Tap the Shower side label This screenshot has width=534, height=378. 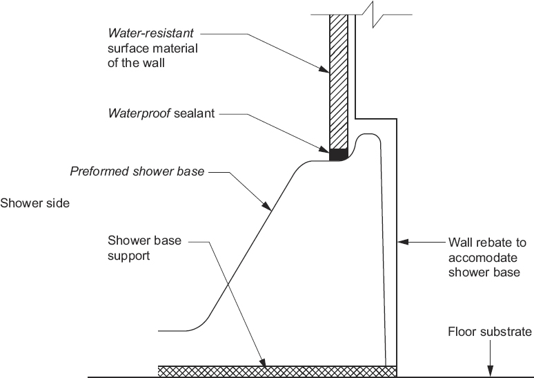tap(34, 204)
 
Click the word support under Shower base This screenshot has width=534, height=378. tap(129, 256)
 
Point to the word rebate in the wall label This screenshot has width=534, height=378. tap(493, 243)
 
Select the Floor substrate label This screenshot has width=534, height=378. tap(490, 332)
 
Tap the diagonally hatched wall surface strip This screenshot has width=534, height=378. tap(339, 83)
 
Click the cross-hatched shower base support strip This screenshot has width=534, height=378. tap(276, 371)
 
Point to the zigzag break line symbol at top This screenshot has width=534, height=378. tap(378, 15)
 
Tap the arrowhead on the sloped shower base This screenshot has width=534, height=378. tap(266, 205)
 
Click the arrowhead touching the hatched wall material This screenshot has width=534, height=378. tap(327, 68)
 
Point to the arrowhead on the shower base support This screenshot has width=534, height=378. tap(262, 361)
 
